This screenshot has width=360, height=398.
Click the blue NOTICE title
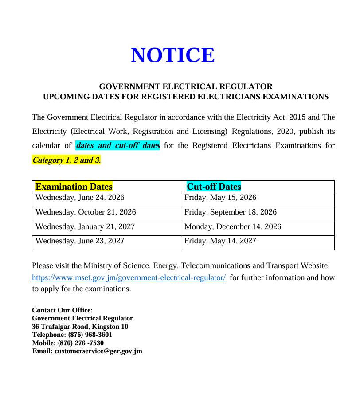173,55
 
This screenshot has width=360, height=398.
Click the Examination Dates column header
74,187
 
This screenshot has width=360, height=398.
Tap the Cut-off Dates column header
214,187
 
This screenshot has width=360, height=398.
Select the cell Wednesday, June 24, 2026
80,198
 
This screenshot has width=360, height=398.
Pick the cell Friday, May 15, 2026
220,198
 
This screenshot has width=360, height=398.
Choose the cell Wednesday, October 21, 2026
86,212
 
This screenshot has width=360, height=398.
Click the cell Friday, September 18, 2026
231,212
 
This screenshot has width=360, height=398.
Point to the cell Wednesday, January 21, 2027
85,227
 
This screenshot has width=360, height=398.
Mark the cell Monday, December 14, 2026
233,227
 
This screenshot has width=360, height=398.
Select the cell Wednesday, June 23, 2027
80,241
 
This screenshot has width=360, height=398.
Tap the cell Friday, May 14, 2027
220,241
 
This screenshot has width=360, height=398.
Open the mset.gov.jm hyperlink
129,278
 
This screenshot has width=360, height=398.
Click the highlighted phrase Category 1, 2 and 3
67,160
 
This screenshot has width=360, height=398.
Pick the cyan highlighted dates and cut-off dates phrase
117,146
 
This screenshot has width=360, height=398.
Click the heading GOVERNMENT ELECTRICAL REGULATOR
185,86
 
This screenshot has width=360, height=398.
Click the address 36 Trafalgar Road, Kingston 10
80,327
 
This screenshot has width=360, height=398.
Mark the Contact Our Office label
62,310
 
